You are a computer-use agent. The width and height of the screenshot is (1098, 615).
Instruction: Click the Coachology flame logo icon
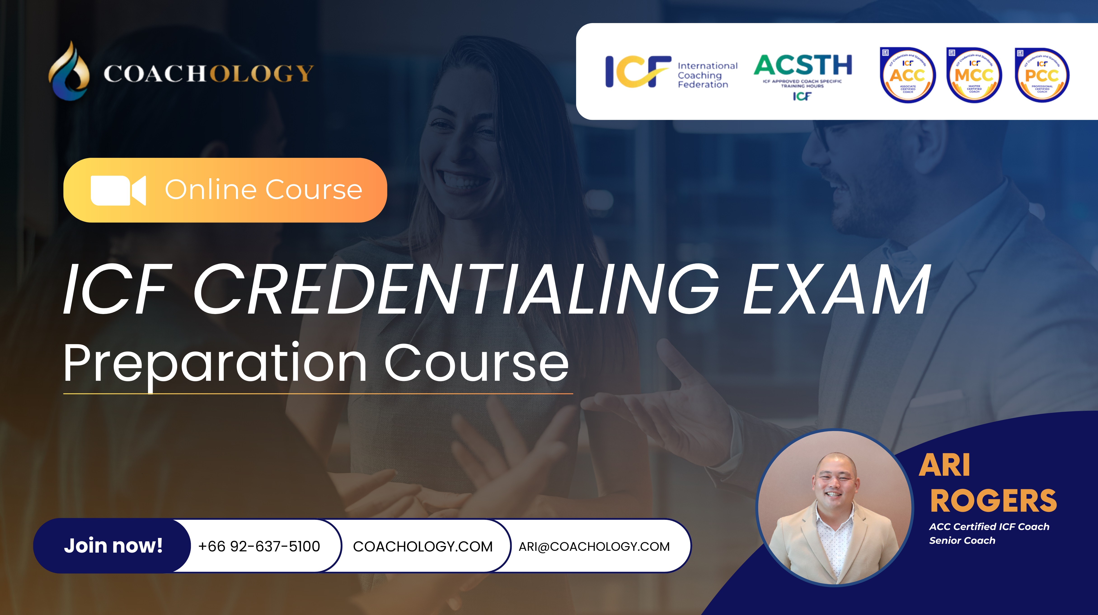pyautogui.click(x=69, y=70)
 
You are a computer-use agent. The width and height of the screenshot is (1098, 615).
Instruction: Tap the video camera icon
pyautogui.click(x=118, y=190)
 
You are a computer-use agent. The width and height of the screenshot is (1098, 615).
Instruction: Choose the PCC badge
pyautogui.click(x=1042, y=76)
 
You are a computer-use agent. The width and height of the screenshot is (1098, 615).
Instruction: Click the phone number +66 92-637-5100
pyautogui.click(x=259, y=546)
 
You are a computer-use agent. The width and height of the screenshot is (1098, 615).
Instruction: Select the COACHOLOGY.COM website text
pyautogui.click(x=422, y=546)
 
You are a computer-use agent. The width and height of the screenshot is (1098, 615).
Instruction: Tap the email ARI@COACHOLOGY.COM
pyautogui.click(x=594, y=546)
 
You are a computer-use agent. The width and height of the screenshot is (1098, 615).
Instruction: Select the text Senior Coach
pyautogui.click(x=962, y=540)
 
